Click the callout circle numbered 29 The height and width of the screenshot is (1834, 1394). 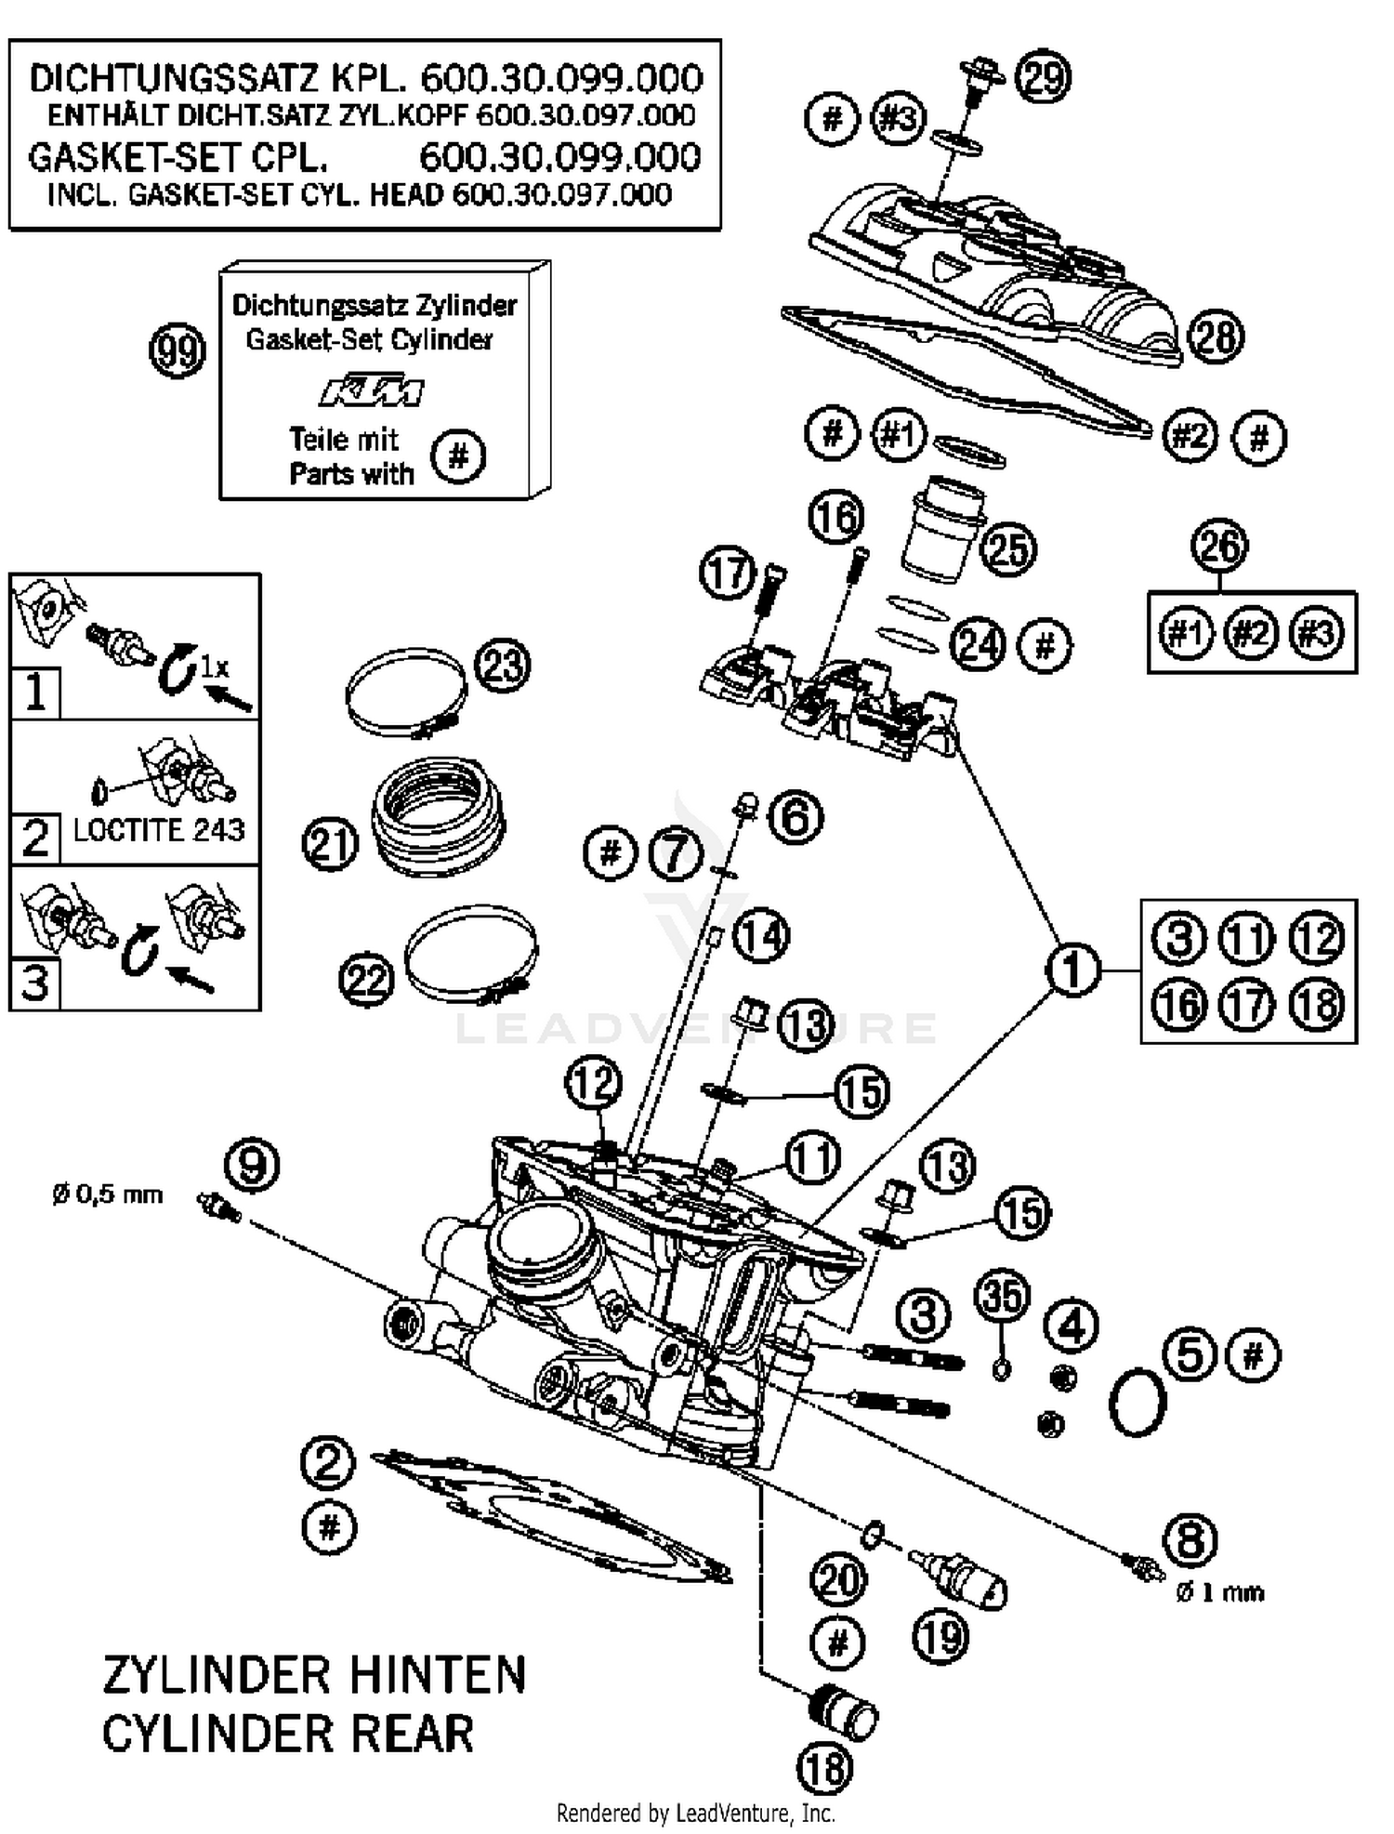[x=1043, y=77]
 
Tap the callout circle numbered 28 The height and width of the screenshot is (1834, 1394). [x=1216, y=336]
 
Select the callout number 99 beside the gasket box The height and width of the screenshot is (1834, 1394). [x=177, y=351]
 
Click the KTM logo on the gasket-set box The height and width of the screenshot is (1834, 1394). [x=372, y=391]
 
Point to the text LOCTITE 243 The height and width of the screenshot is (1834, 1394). [x=159, y=830]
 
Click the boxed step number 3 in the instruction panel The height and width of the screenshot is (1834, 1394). [x=35, y=983]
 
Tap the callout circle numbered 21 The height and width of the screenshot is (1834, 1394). [x=330, y=845]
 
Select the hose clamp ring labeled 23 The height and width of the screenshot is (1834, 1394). [x=405, y=693]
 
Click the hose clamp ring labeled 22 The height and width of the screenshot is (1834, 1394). [x=472, y=953]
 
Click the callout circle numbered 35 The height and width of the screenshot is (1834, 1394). [x=1003, y=1296]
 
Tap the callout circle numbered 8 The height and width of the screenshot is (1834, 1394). [x=1190, y=1541]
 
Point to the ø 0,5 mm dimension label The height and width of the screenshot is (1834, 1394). [x=108, y=1194]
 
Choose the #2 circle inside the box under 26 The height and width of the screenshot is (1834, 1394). [x=1251, y=634]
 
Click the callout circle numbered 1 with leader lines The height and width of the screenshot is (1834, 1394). [x=1072, y=970]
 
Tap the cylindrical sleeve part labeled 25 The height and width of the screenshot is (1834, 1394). [x=940, y=532]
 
